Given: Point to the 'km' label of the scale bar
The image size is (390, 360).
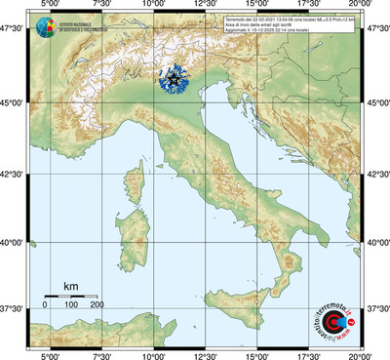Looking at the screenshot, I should pos(70,286).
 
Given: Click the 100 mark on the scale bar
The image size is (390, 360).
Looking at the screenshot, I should pos(71,305).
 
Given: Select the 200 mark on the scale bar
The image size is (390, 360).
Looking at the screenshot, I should pos(97,305).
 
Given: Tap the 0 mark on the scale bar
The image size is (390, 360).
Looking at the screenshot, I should pos(45,305).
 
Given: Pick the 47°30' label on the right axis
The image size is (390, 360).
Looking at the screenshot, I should pos(377,30).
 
